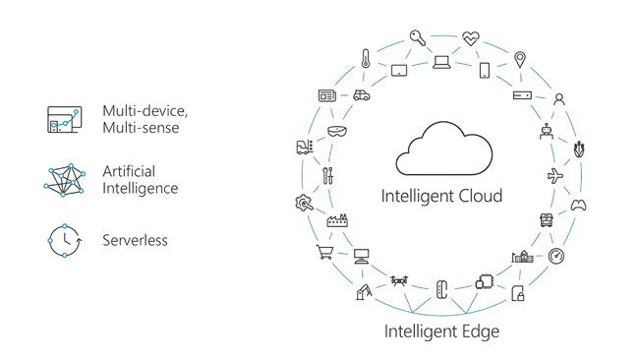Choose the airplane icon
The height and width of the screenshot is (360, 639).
point(554,175)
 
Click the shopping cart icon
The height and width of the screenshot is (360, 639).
point(324,254)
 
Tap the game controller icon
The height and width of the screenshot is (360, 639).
point(579,206)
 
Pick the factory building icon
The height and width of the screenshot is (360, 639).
point(338,220)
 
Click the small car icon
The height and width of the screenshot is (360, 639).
point(361,96)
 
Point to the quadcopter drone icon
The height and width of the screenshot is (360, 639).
point(397,281)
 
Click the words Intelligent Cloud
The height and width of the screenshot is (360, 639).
point(441,196)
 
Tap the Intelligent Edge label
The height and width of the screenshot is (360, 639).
point(441,331)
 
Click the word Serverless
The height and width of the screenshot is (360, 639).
point(136,239)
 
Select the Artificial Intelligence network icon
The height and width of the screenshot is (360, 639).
point(65,179)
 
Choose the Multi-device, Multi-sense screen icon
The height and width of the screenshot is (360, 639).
point(64,118)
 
